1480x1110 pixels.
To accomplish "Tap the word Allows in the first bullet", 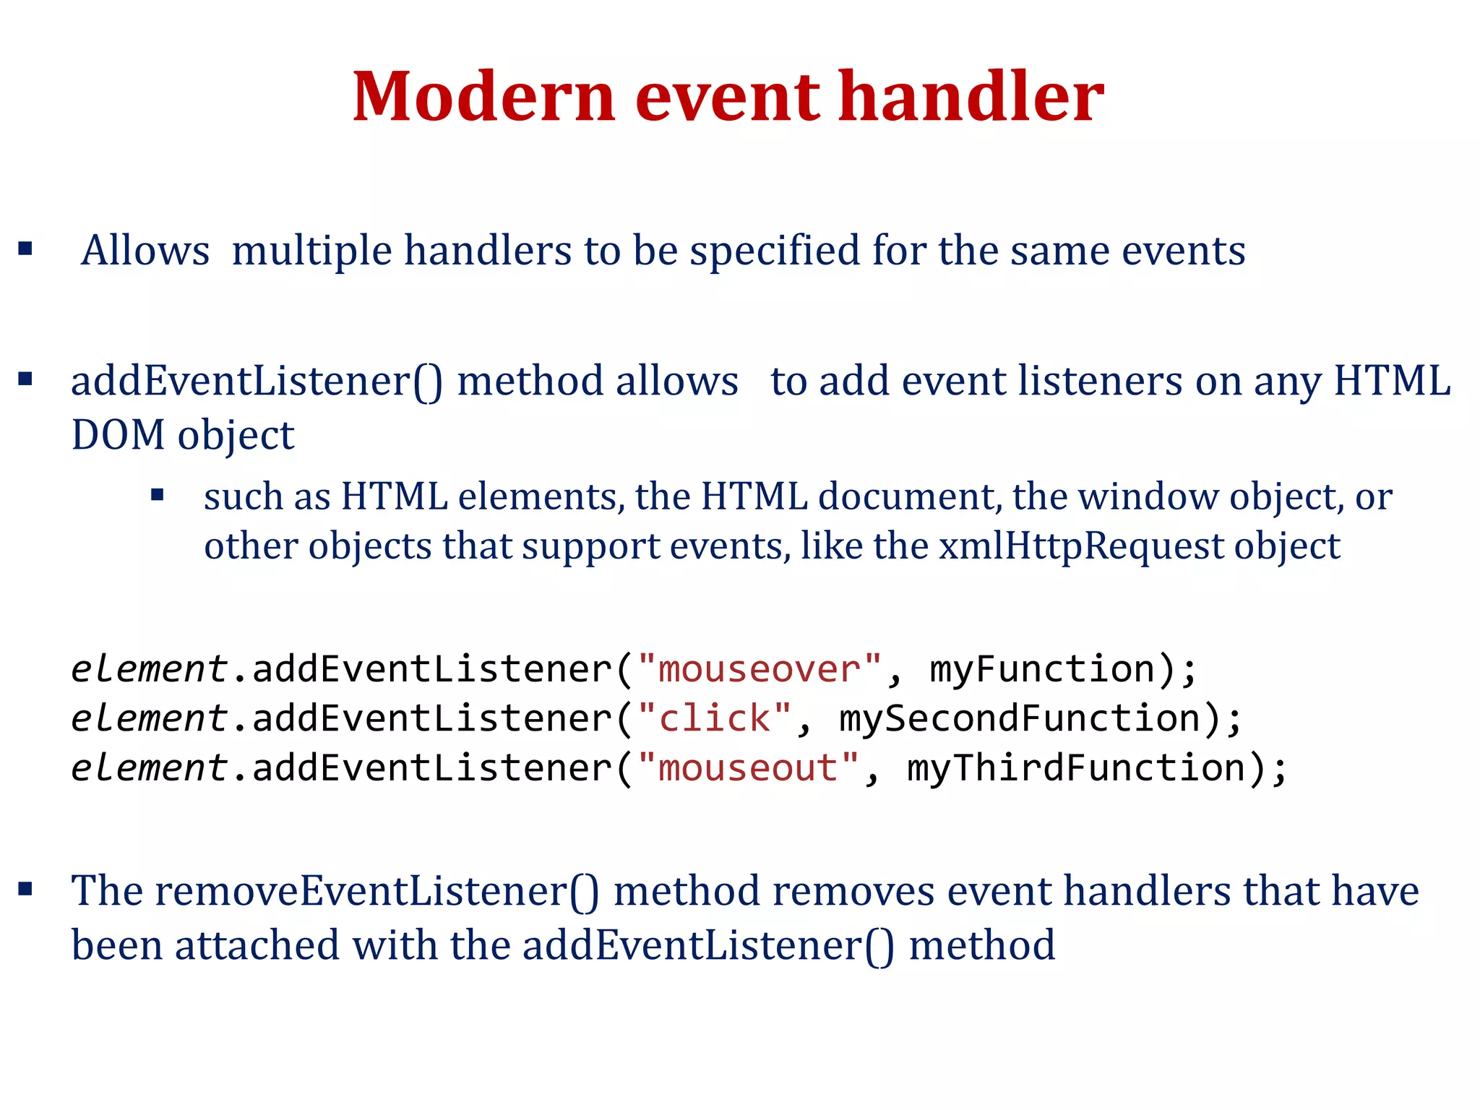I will (x=145, y=251).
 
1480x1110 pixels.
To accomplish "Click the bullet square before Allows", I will (x=26, y=249).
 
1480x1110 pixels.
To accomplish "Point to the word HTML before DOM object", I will (x=1391, y=381).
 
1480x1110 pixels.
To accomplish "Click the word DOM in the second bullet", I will (x=118, y=435).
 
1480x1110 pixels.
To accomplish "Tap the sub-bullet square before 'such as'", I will (x=158, y=496).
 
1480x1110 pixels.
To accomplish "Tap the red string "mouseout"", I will (x=747, y=767).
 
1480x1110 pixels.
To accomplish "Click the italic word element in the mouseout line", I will (x=149, y=767).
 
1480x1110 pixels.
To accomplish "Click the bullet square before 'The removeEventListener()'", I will (x=26, y=889).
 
